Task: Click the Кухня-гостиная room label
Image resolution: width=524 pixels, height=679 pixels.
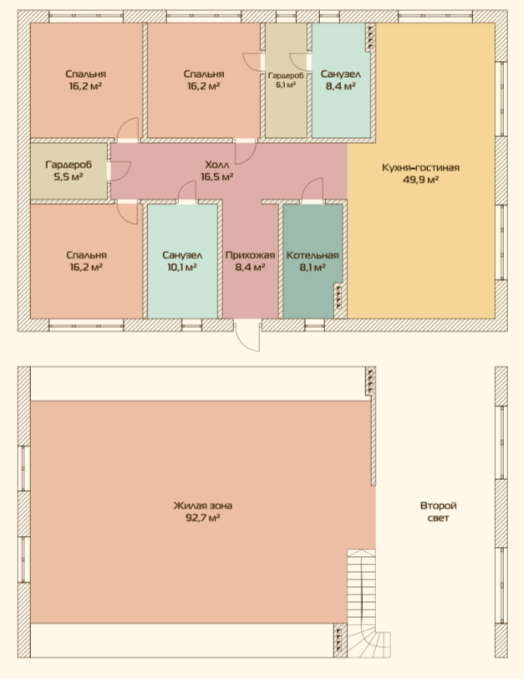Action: [420, 167]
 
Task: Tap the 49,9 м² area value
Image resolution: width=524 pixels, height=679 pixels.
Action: [420, 179]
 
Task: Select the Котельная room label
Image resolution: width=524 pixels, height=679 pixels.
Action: [313, 255]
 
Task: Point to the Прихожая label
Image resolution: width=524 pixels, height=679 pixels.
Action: [250, 255]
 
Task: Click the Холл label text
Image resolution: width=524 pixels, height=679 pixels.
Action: [217, 165]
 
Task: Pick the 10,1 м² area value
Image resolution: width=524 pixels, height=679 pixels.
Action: [182, 268]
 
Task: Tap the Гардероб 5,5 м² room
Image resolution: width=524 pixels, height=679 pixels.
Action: [69, 171]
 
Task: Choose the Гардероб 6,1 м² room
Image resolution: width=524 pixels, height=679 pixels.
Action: [286, 80]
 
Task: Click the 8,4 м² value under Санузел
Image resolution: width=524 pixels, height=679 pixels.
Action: [340, 86]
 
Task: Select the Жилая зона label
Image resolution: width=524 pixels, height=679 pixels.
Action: [203, 505]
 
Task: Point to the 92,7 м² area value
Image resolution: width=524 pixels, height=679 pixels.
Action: [203, 518]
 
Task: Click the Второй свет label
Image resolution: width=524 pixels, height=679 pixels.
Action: [438, 512]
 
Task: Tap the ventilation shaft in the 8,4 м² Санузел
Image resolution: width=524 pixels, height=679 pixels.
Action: [370, 36]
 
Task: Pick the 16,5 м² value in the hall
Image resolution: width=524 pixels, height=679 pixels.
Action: [217, 176]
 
